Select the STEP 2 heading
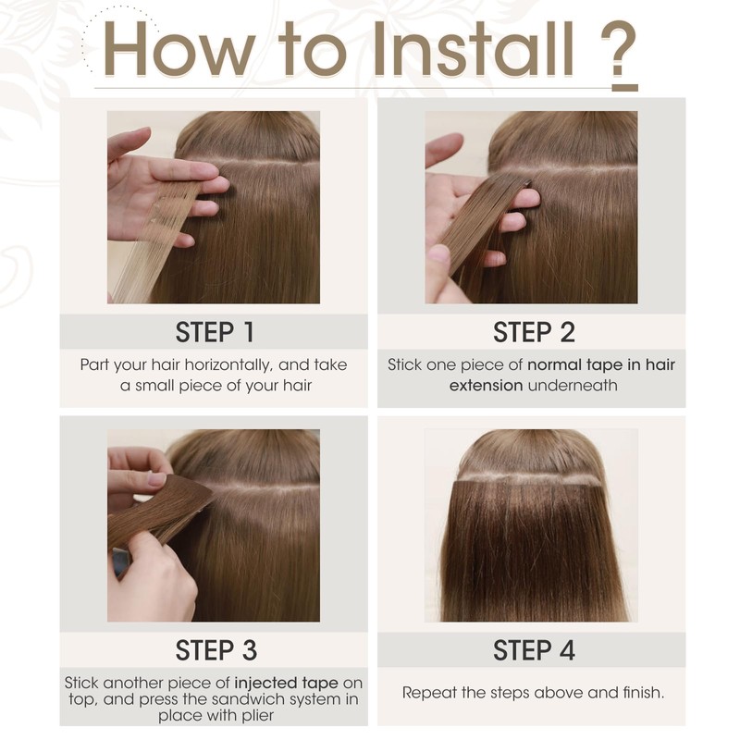(532, 331)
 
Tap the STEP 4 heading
(532, 649)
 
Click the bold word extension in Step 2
(486, 384)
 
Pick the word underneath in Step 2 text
(572, 384)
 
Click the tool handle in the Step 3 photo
(120, 561)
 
